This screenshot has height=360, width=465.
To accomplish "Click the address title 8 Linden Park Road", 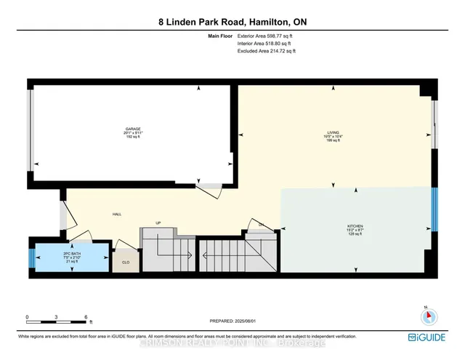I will (x=232, y=23).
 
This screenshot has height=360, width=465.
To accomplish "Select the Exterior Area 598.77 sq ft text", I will (x=267, y=36).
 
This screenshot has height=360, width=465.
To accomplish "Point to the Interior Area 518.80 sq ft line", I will (x=266, y=44).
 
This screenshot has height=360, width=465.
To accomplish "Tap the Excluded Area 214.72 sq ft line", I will (x=267, y=52).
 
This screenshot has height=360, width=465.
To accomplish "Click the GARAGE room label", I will (x=132, y=129).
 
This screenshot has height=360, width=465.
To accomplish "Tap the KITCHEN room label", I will (x=355, y=227).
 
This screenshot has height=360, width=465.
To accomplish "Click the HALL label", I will (x=116, y=215).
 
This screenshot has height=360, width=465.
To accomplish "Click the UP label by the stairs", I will (x=157, y=223).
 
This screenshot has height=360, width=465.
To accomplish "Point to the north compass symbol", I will (x=429, y=315).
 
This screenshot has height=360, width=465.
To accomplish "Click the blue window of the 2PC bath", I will (x=31, y=257).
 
